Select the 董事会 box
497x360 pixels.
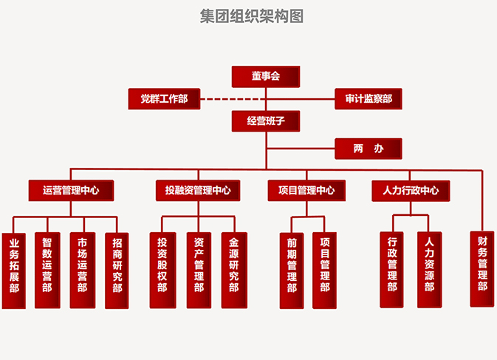(x=265, y=76)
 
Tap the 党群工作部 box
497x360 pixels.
(x=164, y=98)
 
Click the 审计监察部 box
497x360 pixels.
(x=369, y=98)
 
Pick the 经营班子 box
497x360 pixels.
(x=265, y=120)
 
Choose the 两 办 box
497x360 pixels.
(x=369, y=149)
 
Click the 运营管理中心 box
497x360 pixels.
(x=72, y=191)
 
